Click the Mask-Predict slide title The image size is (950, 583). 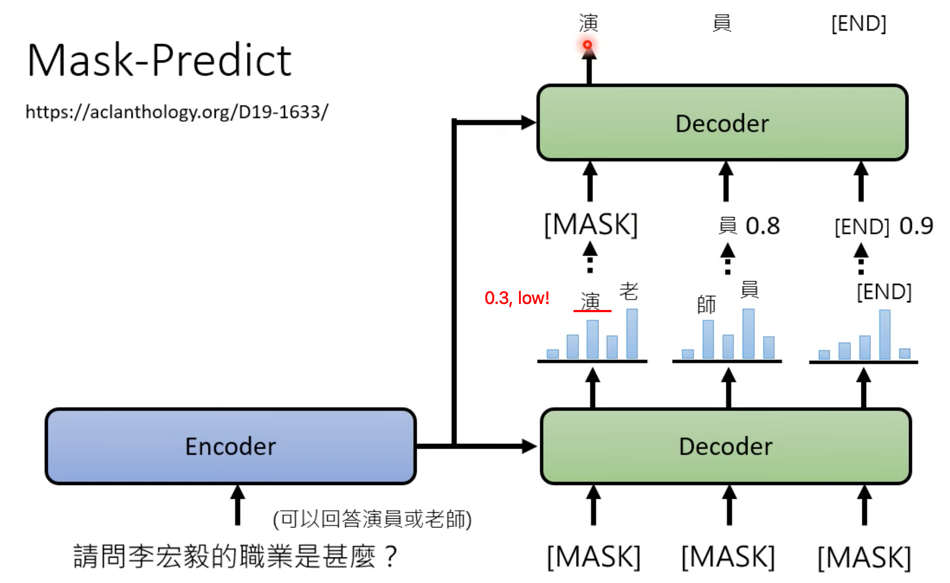[159, 60]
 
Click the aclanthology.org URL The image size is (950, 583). [177, 112]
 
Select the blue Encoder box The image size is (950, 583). [231, 446]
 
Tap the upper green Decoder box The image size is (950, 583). [722, 123]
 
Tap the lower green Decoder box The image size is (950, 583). [725, 446]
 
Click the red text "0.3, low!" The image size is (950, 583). [516, 298]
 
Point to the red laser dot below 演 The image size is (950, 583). [588, 45]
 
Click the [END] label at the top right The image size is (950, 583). [859, 24]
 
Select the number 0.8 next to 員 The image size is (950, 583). [763, 226]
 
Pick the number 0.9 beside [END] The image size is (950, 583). [916, 226]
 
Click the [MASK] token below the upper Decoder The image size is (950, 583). [591, 225]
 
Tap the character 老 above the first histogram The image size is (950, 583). [629, 291]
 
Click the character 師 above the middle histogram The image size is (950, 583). [706, 305]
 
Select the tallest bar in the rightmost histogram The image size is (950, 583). [885, 334]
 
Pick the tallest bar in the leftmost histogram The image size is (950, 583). [632, 334]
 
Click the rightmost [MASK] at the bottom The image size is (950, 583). [864, 557]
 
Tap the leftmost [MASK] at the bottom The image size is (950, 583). [594, 557]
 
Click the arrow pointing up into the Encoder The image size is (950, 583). [237, 505]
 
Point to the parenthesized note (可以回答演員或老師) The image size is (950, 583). [372, 519]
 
